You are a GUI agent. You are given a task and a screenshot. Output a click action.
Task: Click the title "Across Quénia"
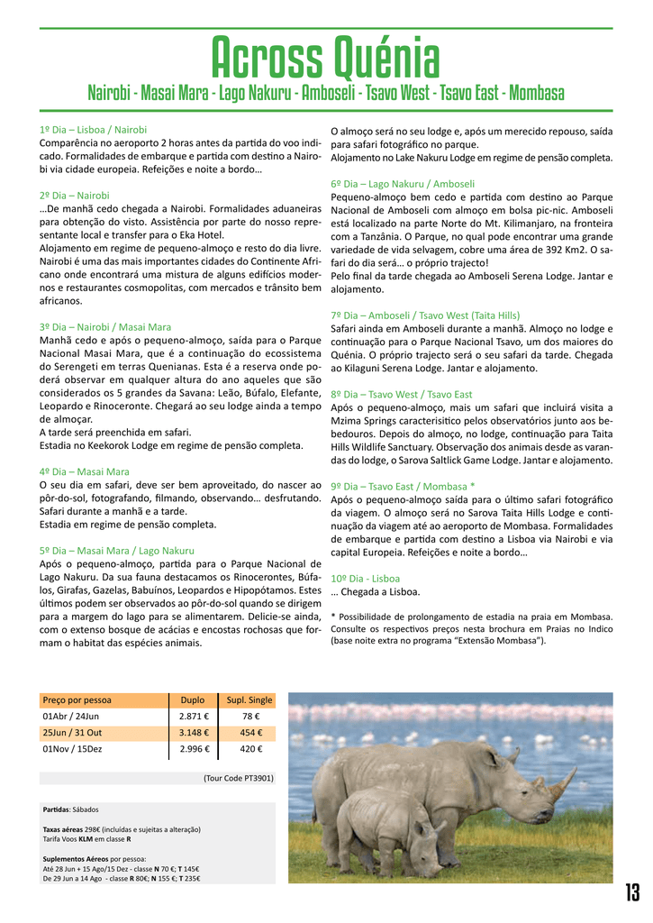(325, 59)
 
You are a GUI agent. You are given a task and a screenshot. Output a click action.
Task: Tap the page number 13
(632, 892)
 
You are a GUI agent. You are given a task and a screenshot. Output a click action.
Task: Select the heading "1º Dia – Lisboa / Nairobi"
(93, 130)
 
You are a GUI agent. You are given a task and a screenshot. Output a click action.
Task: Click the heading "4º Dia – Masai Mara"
(85, 471)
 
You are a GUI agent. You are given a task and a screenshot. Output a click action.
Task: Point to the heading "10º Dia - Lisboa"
(366, 578)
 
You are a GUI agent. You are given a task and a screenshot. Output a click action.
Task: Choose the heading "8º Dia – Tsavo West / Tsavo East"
(402, 394)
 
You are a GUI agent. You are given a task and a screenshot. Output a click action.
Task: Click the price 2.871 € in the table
(194, 716)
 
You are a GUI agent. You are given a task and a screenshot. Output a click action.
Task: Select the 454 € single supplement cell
(249, 732)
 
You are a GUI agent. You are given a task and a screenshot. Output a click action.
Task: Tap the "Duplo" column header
(193, 699)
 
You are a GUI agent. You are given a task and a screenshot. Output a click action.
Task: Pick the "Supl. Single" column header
(249, 699)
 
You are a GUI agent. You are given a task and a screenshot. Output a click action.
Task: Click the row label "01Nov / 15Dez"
(73, 748)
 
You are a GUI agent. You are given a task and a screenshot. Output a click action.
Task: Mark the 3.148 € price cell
(194, 732)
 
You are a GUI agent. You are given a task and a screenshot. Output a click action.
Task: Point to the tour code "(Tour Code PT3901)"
(238, 777)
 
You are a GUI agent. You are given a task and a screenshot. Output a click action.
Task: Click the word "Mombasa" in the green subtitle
(536, 94)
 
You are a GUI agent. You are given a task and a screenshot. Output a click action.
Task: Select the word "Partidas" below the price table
(58, 809)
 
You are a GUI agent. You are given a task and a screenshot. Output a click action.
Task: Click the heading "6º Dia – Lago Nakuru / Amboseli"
(403, 183)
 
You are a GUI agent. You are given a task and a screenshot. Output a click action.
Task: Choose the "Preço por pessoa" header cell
(77, 699)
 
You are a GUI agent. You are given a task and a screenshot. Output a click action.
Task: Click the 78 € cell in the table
(249, 716)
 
